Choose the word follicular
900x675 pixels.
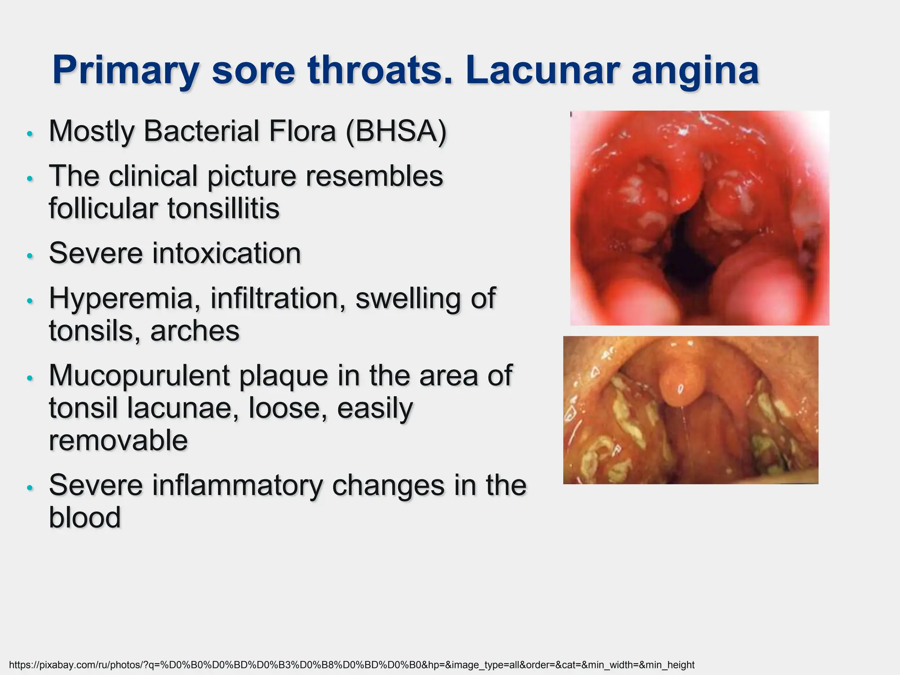(103, 208)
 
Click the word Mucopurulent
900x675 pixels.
(139, 376)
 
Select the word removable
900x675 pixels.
(118, 440)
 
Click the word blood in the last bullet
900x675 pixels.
(85, 517)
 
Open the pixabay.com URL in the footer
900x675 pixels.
(352, 665)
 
